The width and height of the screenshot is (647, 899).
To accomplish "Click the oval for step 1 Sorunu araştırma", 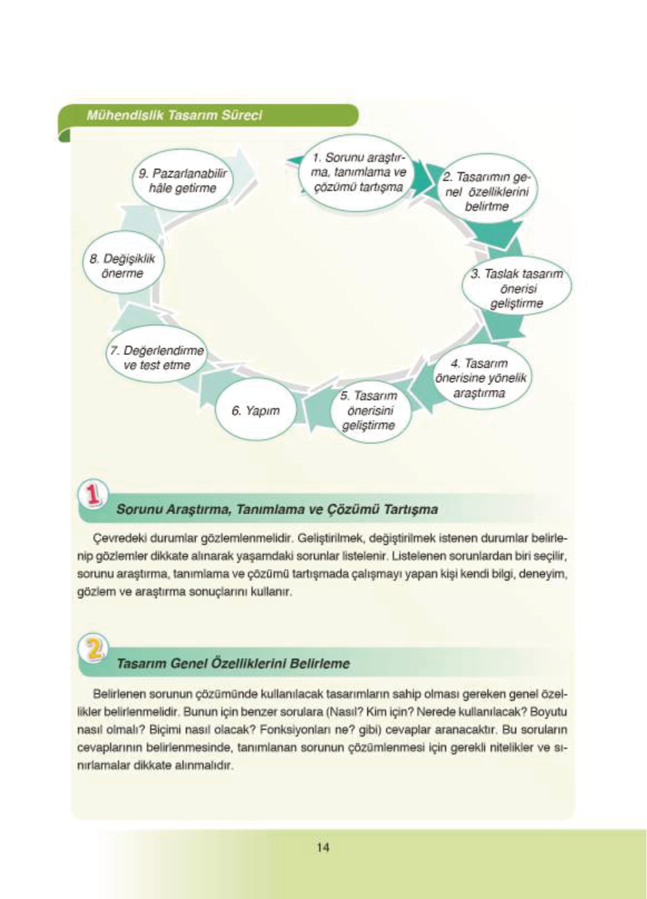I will tap(359, 172).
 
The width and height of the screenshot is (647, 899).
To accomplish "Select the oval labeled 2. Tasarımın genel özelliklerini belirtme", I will tap(486, 192).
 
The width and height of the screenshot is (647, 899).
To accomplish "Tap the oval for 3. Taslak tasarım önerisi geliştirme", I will tap(516, 289).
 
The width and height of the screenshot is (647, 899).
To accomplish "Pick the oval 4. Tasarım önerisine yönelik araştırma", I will tap(480, 378).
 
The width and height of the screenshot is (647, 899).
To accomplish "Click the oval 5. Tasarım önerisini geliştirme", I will tap(368, 411).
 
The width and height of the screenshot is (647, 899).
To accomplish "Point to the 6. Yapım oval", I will tap(255, 411).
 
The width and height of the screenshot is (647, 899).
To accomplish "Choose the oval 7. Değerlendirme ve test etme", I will tap(157, 358).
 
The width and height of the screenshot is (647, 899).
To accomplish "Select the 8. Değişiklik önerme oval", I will tap(123, 266).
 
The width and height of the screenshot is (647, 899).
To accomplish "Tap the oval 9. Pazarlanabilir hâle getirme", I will tap(182, 181).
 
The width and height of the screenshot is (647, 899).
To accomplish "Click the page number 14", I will tap(323, 847).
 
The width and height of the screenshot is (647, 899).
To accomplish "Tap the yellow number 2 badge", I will tap(95, 648).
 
